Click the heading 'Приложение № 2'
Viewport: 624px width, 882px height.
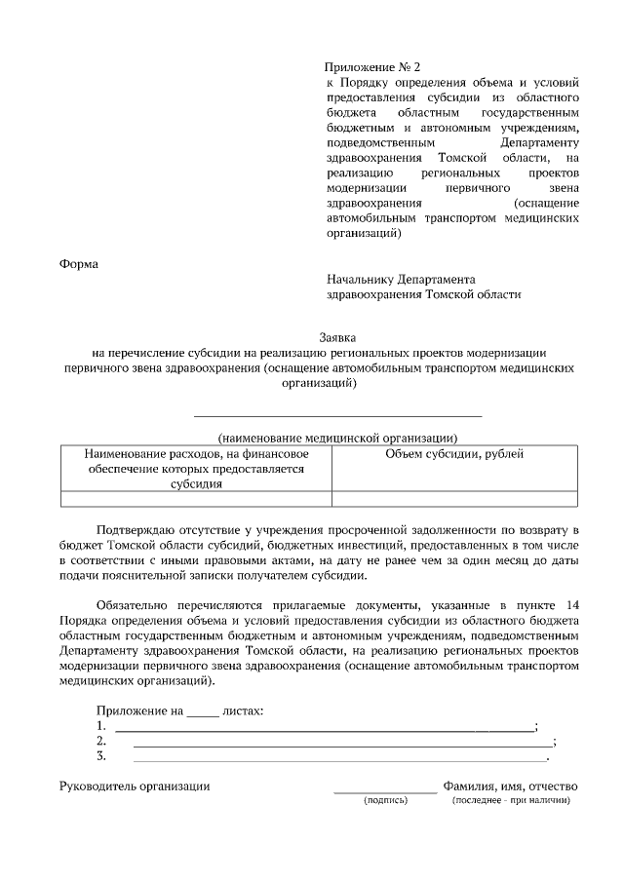(373, 67)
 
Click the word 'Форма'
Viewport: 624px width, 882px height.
(79, 263)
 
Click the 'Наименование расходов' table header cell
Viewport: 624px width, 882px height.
(196, 468)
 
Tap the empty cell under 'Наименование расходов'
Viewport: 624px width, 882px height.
(196, 499)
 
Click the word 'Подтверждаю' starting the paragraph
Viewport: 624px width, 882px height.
(136, 529)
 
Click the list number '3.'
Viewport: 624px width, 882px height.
(100, 755)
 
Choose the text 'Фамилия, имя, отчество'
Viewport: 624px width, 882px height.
(511, 786)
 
